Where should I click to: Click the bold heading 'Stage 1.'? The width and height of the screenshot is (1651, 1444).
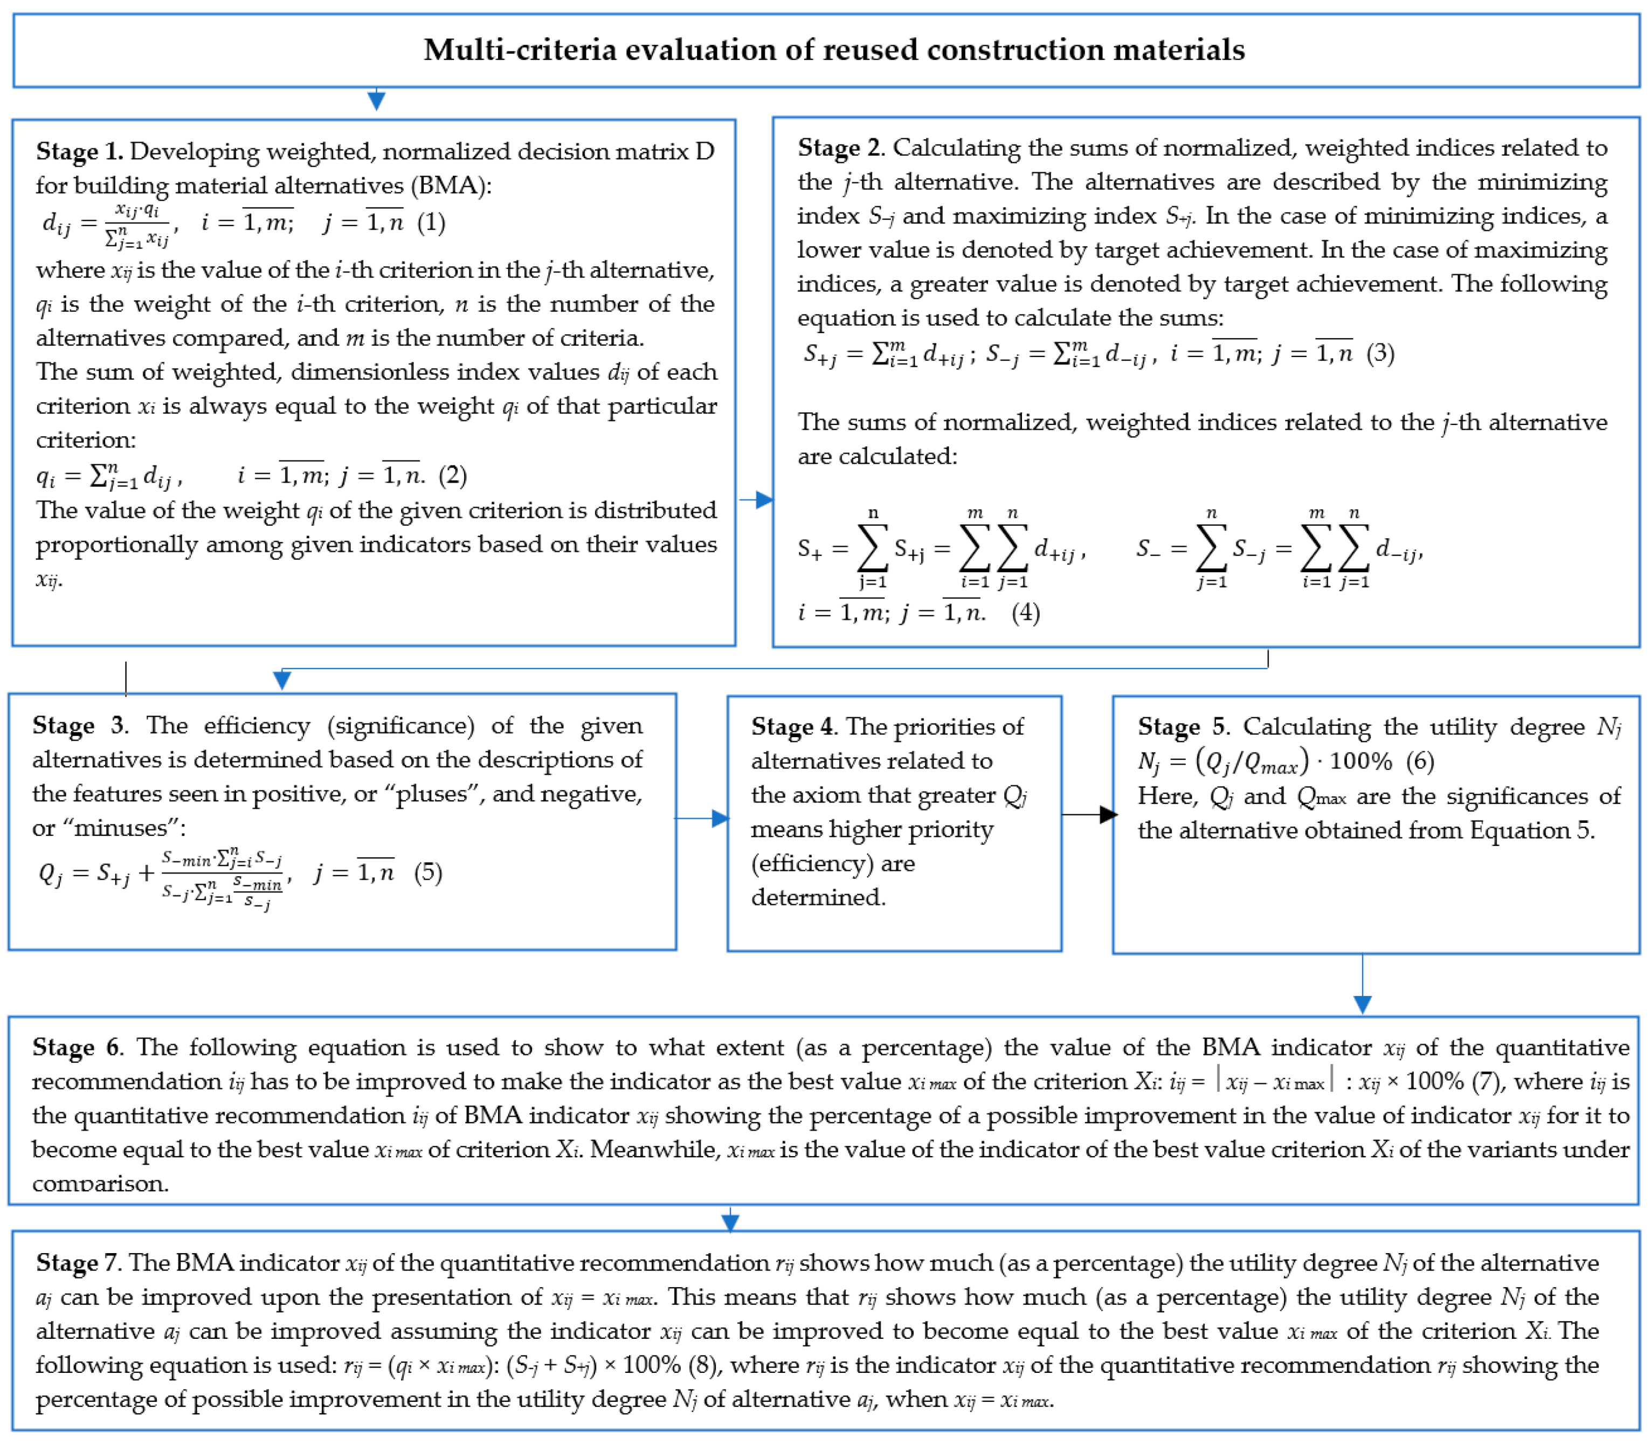pyautogui.click(x=79, y=152)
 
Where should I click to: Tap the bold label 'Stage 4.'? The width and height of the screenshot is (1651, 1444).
pyautogui.click(x=794, y=727)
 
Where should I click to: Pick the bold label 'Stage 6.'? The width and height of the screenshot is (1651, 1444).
pyautogui.click(x=77, y=1048)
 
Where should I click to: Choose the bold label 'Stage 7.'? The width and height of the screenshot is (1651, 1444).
pyautogui.click(x=79, y=1263)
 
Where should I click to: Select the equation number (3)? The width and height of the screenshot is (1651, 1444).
pyautogui.click(x=1380, y=353)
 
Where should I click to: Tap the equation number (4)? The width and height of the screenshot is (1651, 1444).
pyautogui.click(x=1025, y=613)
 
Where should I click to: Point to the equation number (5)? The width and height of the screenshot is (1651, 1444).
pyautogui.click(x=427, y=872)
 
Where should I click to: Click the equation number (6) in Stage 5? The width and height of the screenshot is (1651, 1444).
pyautogui.click(x=1420, y=761)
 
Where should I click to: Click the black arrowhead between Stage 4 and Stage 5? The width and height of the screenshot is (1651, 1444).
pyautogui.click(x=1108, y=815)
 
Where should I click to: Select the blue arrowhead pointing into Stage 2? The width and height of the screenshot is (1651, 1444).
pyautogui.click(x=764, y=500)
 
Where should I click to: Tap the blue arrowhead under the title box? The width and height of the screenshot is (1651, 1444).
pyautogui.click(x=376, y=101)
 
